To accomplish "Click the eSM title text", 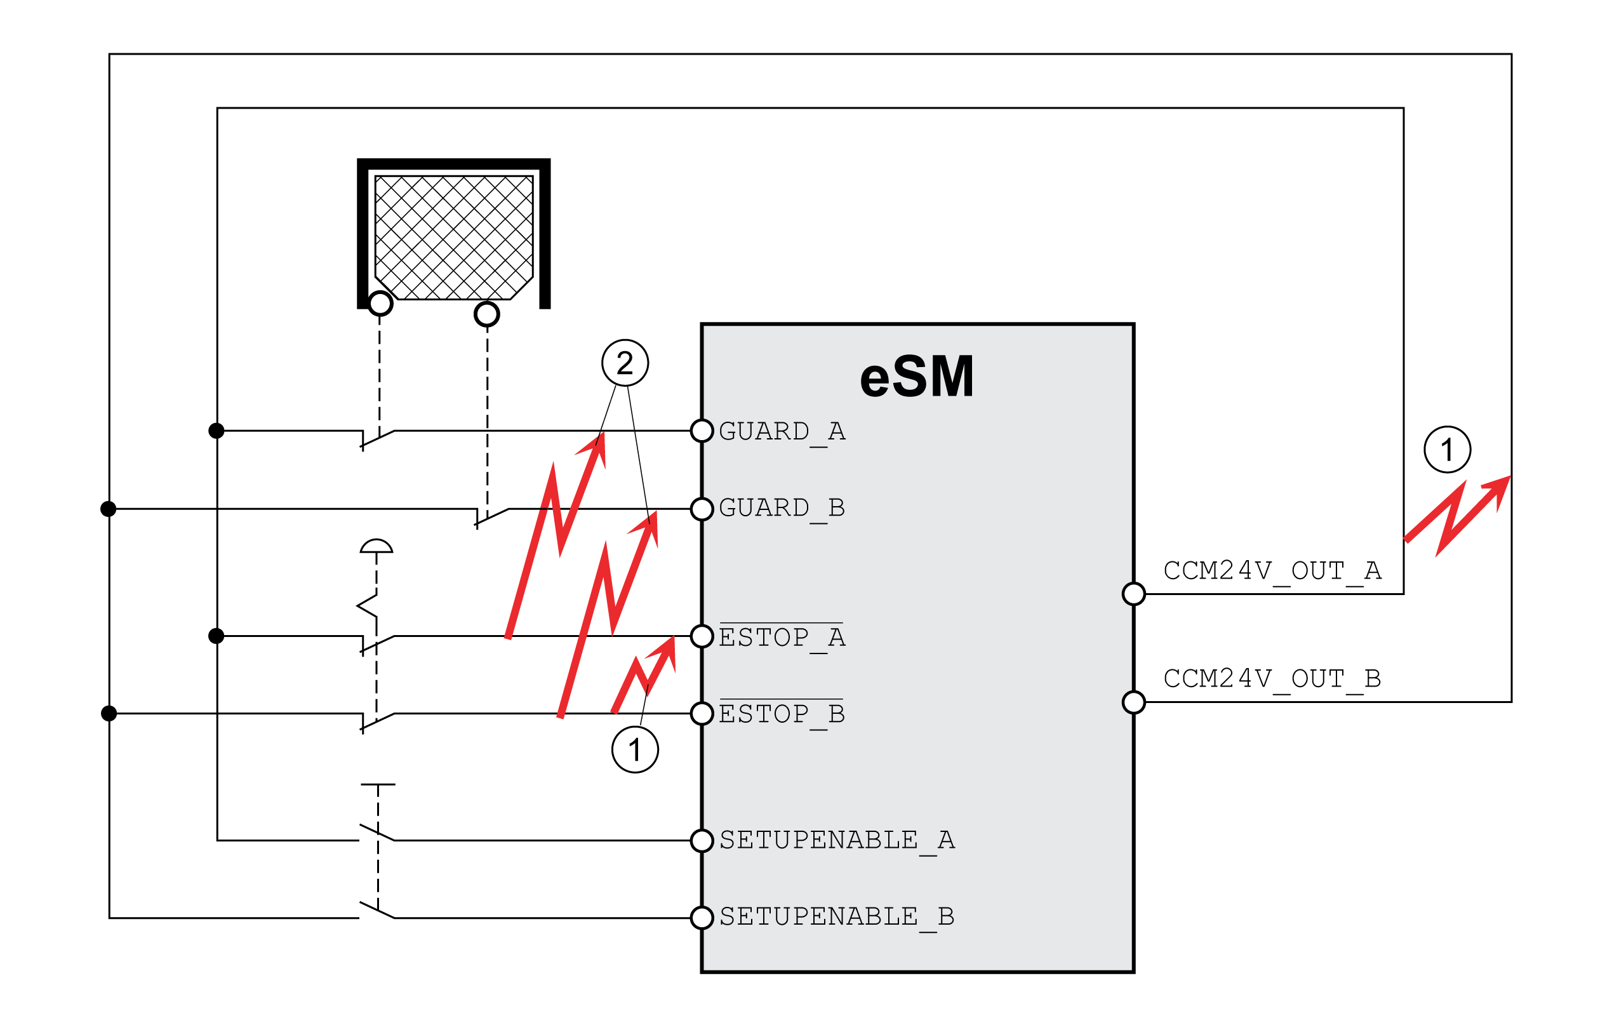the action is click(x=916, y=377).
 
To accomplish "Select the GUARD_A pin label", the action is click(x=782, y=432).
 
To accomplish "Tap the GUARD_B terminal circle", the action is click(x=702, y=509).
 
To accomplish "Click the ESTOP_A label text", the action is click(x=782, y=637).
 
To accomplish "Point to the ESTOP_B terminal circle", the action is click(x=702, y=714).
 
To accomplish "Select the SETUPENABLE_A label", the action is click(x=837, y=841).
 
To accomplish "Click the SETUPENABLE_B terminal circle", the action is click(x=702, y=918).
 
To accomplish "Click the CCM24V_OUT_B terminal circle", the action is click(x=1133, y=702).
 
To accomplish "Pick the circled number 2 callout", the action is click(x=625, y=363).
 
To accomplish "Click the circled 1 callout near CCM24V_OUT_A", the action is click(x=1448, y=449).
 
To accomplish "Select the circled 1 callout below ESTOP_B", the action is click(x=635, y=749).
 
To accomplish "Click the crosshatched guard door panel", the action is click(x=454, y=238).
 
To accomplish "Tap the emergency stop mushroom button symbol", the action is click(x=376, y=546).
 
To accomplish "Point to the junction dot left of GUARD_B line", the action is click(x=108, y=509).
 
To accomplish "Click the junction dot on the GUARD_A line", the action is click(x=216, y=431).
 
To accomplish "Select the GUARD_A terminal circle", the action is click(x=702, y=431).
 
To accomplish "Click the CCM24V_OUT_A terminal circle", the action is click(x=1133, y=594).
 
